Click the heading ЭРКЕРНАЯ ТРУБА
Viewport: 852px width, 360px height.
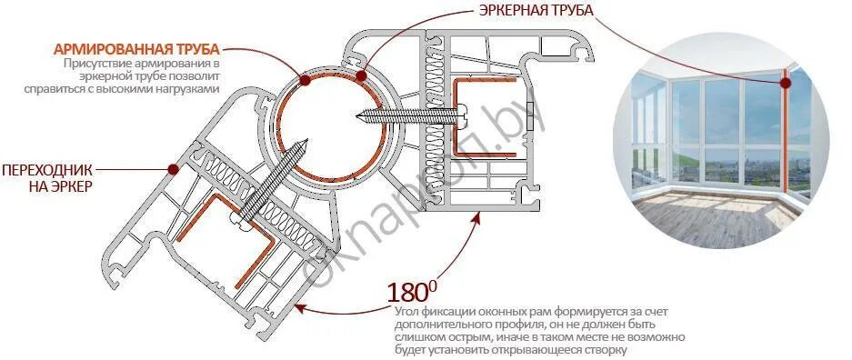coord(536,11)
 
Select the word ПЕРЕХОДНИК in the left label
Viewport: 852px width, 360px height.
coord(46,170)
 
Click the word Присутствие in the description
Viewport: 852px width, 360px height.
coord(96,65)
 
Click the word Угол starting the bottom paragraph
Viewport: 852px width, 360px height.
coord(407,312)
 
